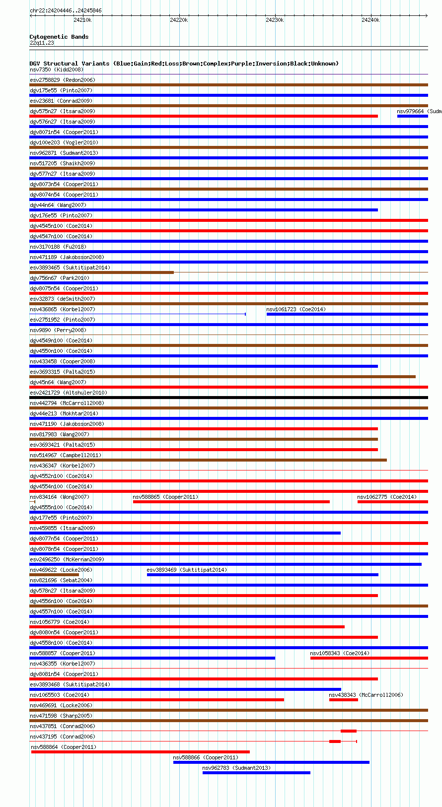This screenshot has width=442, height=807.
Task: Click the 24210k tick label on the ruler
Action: pos(82,20)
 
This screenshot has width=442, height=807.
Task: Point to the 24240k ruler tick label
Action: pos(370,20)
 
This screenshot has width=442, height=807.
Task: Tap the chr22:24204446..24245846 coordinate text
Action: pos(66,10)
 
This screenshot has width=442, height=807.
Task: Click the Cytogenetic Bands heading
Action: pos(59,37)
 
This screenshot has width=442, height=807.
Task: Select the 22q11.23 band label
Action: pos(42,43)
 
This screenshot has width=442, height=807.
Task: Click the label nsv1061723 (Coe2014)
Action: pos(296,309)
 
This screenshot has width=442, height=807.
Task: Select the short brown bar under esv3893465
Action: pos(101,272)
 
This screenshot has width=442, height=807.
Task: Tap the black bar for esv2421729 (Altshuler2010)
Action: pos(228,398)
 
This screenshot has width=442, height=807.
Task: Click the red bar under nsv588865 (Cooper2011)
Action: pos(231,502)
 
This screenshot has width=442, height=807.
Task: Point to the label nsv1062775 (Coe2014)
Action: pos(387,497)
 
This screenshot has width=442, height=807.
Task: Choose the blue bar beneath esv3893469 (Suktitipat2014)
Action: pos(262,575)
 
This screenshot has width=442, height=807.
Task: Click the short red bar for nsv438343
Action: pos(343,700)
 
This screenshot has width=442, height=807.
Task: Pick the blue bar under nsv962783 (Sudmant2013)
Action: pos(256,773)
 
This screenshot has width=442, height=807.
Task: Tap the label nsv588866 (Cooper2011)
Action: pos(206,757)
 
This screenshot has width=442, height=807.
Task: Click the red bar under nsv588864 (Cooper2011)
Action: pos(140,752)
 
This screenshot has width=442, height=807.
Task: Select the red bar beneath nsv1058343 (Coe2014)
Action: pos(369,658)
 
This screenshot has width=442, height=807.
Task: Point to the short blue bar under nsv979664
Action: pos(412,116)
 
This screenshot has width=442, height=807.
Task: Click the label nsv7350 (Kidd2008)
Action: pos(57,69)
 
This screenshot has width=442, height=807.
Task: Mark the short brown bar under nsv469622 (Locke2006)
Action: pos(54,575)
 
